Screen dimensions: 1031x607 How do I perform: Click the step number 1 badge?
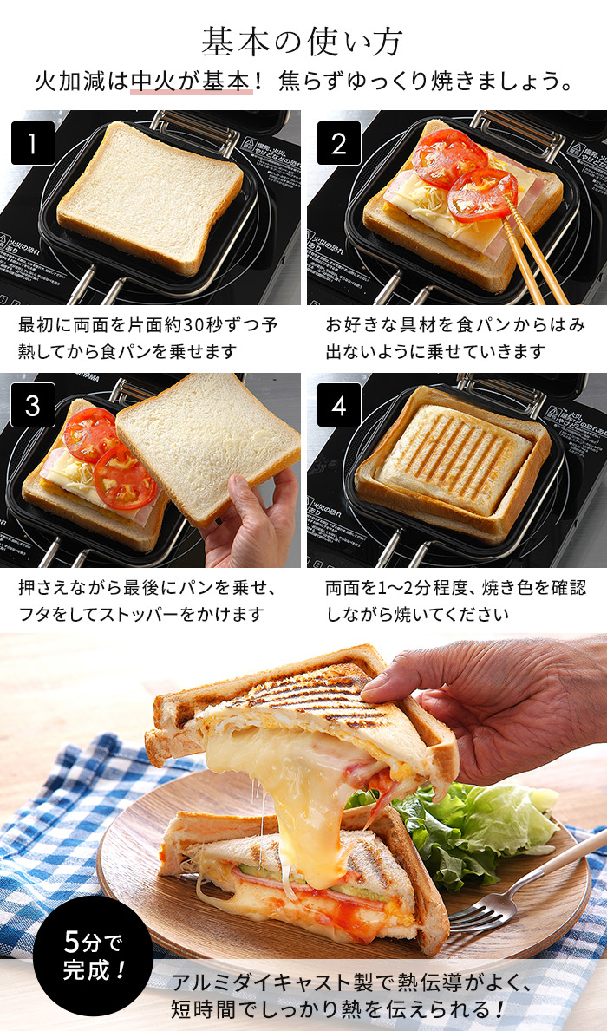[33, 143]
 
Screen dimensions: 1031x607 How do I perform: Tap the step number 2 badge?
[338, 143]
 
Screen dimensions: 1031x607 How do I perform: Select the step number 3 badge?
[33, 405]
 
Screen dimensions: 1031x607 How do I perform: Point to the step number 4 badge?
[338, 405]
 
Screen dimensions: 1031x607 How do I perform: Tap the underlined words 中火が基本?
[193, 82]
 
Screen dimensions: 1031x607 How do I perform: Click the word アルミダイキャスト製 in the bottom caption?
[260, 982]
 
